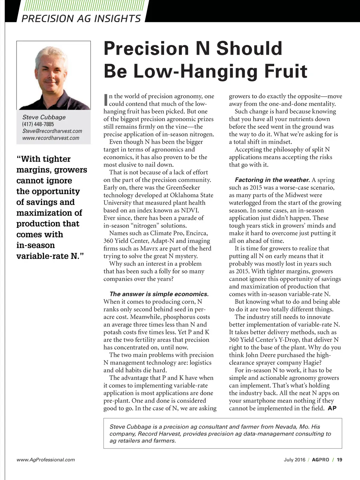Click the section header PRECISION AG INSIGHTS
[x=81, y=18]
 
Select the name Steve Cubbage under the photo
[x=44, y=117]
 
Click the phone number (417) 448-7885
[x=38, y=124]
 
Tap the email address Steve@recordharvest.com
[x=52, y=131]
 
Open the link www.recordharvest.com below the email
[x=51, y=138]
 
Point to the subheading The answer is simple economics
[x=159, y=294]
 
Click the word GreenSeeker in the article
[x=183, y=188]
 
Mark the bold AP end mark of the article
[x=332, y=408]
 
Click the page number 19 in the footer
[x=339, y=460]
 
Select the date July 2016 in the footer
[x=294, y=460]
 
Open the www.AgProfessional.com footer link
[x=46, y=460]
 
